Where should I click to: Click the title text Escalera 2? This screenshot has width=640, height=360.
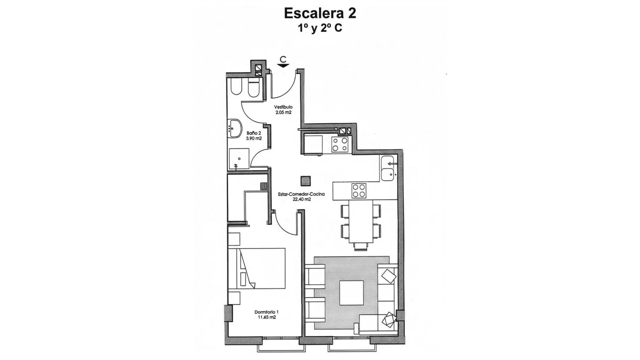point(320,13)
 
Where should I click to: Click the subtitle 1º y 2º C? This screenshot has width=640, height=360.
point(320,28)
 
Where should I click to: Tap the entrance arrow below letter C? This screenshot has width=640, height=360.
point(283,66)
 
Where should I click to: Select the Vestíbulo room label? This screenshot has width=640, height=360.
point(283,107)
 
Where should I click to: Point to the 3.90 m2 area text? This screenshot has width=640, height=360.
point(254,138)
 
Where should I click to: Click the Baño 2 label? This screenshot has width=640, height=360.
point(254,133)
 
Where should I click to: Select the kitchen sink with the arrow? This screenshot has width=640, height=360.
point(388,168)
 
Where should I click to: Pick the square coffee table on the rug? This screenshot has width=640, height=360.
point(351,292)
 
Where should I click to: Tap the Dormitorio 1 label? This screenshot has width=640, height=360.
point(266,312)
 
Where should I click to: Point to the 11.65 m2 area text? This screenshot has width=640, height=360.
point(267,318)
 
